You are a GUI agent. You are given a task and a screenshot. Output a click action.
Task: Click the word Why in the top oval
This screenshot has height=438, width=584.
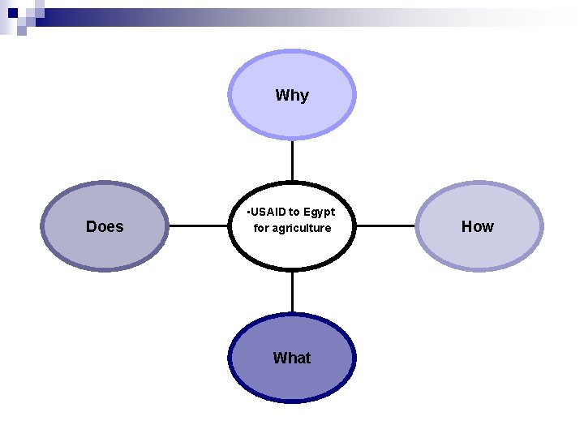(292, 96)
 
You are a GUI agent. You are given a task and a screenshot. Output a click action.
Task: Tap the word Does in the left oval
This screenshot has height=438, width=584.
(105, 227)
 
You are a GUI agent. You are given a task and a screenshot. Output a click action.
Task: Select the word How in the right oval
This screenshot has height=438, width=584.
(477, 227)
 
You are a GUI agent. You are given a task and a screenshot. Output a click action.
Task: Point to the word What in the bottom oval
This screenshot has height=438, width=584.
(292, 358)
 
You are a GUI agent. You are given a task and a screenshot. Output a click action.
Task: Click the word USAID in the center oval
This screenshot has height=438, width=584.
(268, 212)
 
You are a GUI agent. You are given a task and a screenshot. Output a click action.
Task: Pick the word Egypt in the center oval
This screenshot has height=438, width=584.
(319, 212)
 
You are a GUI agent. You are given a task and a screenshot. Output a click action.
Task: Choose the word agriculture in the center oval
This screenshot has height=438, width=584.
(302, 228)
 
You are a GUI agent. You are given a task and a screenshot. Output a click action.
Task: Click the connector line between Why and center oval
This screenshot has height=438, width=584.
(292, 160)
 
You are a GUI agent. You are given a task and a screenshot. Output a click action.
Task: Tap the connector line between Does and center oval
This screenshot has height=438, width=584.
(199, 226)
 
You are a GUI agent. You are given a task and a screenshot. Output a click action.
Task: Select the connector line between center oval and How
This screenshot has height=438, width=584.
(385, 226)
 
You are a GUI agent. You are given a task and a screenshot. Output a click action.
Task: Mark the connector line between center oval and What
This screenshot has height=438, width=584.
(292, 291)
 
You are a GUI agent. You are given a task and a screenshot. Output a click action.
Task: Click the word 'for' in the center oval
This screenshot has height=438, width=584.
(260, 228)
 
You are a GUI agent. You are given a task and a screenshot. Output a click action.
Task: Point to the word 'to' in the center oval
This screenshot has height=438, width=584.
(294, 212)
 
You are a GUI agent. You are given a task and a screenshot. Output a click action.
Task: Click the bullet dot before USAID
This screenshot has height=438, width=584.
(247, 213)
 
